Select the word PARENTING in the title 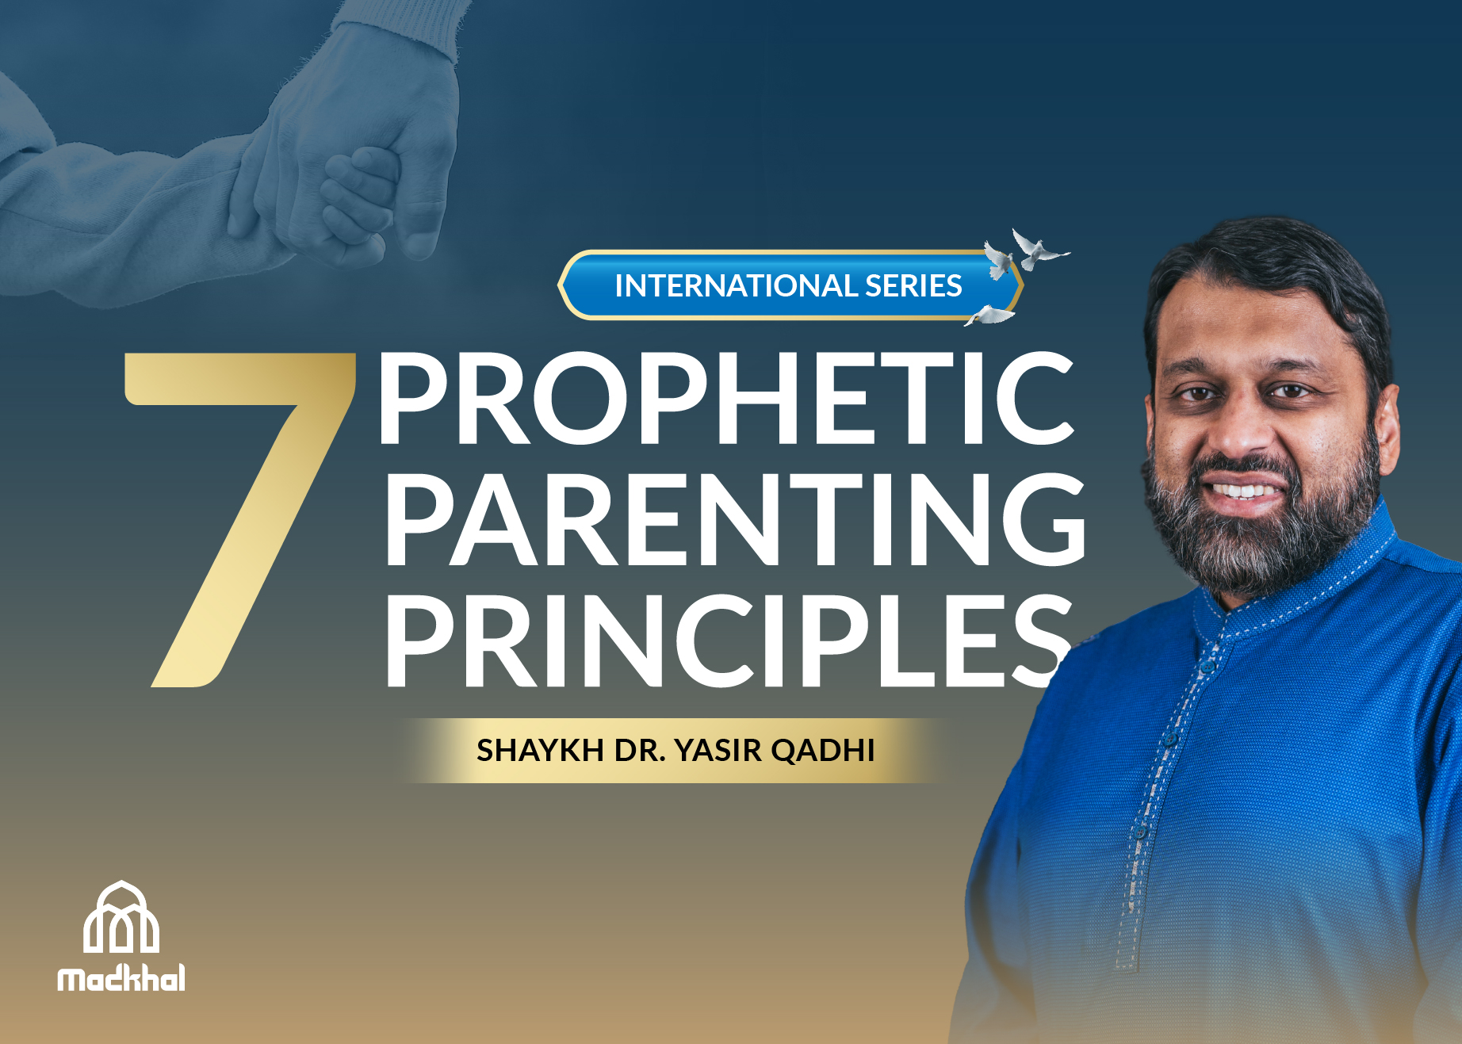coord(735,519)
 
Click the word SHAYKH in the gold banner coord(540,750)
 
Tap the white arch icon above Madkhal coord(121,917)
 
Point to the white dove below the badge coord(989,315)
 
